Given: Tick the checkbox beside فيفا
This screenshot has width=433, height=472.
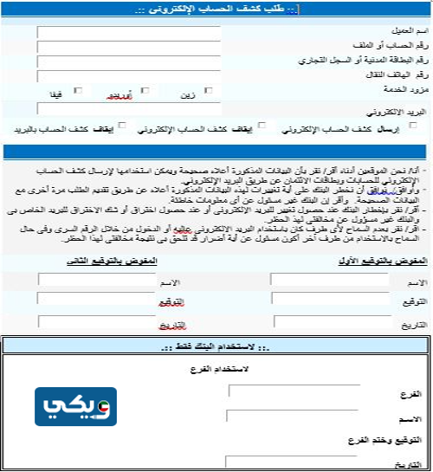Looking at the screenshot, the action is pyautogui.click(x=79, y=90).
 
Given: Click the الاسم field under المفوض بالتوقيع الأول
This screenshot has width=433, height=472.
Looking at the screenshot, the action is pyautogui.click(x=328, y=281).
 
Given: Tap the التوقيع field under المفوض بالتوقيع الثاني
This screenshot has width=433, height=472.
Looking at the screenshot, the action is pyautogui.click(x=85, y=301).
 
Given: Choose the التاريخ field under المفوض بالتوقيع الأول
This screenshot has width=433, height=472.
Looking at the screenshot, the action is pyautogui.click(x=328, y=322).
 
